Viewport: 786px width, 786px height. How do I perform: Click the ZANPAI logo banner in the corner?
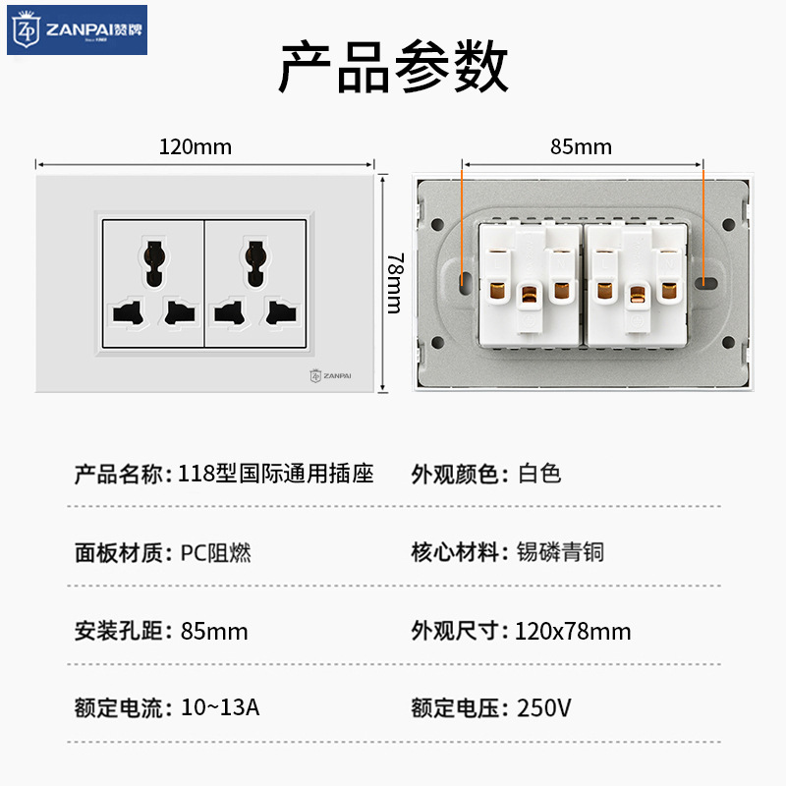77,29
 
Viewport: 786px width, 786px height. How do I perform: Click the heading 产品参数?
394,67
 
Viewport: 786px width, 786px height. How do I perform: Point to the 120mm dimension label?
196,146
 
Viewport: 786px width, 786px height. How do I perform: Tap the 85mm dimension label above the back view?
581,146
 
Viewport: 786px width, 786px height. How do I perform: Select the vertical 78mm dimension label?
395,283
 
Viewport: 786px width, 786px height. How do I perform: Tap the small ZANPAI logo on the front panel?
330,376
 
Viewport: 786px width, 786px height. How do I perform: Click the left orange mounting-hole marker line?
462,227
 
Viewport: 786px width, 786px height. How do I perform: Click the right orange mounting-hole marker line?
703,227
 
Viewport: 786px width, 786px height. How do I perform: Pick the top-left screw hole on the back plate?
437,224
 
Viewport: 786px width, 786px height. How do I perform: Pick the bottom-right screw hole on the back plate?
728,342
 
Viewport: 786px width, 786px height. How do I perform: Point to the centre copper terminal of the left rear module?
529,294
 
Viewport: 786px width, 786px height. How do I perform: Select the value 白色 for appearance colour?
538,474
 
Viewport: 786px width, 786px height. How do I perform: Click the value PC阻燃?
215,553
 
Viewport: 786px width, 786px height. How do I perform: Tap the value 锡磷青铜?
560,552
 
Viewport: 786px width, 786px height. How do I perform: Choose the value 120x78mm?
573,631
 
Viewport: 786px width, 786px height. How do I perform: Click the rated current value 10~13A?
220,707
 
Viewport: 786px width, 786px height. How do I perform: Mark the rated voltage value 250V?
544,707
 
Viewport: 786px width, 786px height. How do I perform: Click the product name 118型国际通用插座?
276,474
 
